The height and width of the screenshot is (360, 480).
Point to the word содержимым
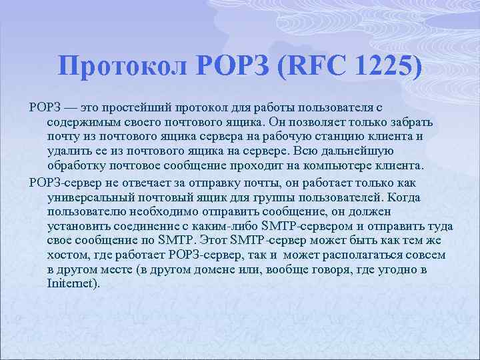pyautogui.click(x=79, y=122)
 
